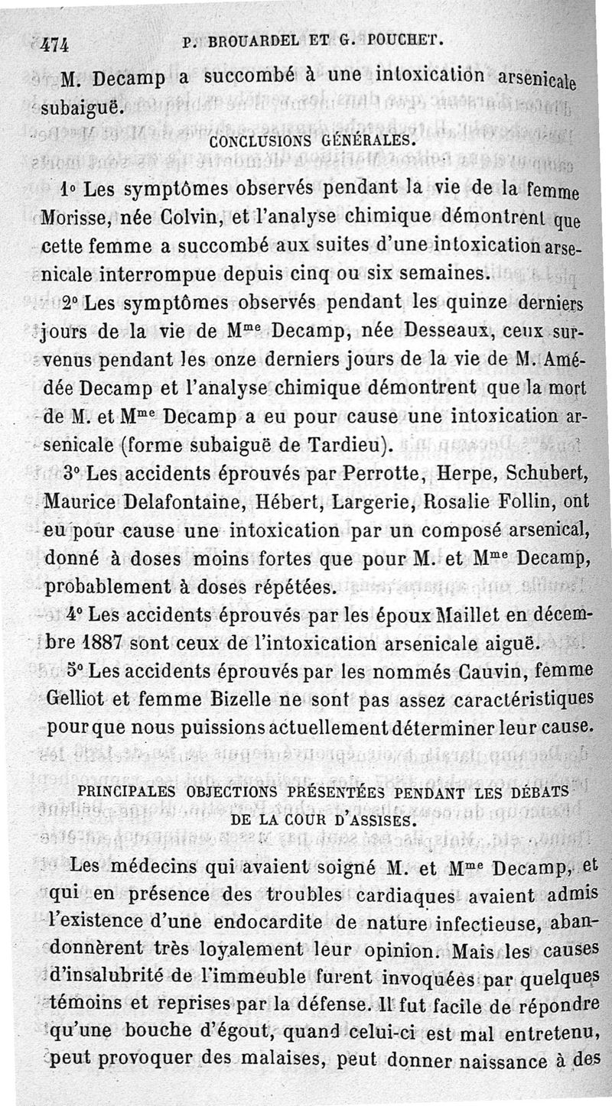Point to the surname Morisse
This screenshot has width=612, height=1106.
click(x=73, y=216)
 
